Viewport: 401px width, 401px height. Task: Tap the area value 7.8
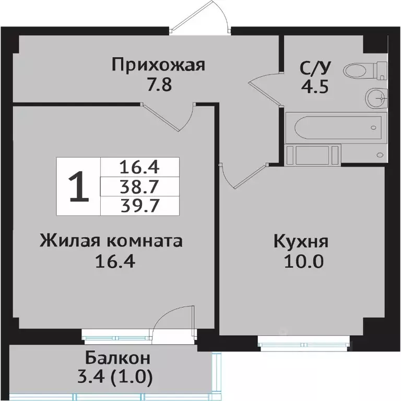coord(159,85)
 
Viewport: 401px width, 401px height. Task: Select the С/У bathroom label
coord(314,68)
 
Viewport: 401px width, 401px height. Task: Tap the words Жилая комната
coord(111,241)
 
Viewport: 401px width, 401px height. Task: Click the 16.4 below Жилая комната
coord(115,261)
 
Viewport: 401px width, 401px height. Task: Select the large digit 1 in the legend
coord(78,187)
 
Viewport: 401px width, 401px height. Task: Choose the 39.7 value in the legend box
coord(139,204)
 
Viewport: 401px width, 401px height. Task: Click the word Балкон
coord(117,359)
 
